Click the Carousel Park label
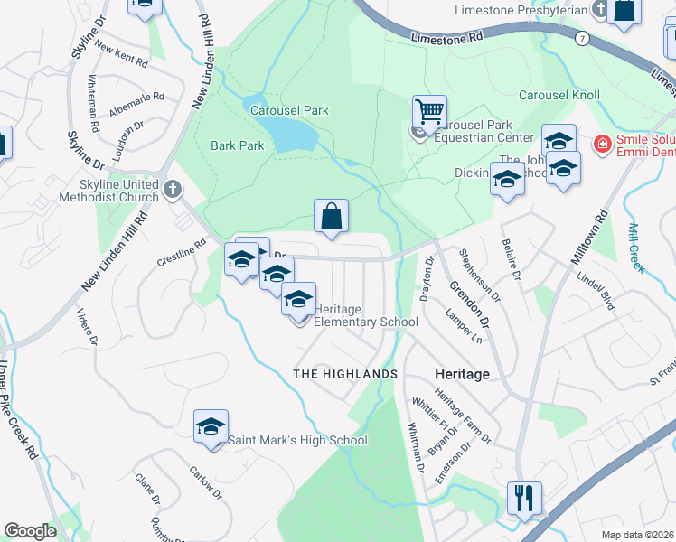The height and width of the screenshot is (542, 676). [289, 110]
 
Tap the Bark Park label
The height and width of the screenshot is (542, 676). [237, 145]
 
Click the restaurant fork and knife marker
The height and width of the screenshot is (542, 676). [523, 497]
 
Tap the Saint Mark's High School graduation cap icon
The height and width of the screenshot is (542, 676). [211, 427]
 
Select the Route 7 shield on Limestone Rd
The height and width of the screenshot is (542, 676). [583, 39]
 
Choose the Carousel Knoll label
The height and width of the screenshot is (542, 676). [559, 95]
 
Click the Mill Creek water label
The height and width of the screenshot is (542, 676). [636, 247]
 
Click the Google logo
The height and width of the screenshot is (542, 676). [31, 530]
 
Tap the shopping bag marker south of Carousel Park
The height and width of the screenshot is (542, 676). [332, 217]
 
